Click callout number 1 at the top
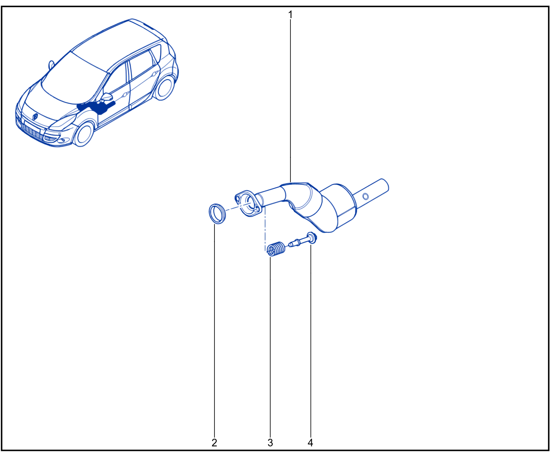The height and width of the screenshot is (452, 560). [290, 15]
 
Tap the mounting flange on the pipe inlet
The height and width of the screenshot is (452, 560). [249, 203]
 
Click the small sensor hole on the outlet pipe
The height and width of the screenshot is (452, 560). [365, 196]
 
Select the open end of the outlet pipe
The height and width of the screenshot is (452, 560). [385, 185]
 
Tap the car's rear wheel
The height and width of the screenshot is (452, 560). [164, 88]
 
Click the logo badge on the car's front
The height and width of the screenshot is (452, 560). [35, 116]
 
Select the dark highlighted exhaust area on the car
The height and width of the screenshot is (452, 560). [97, 107]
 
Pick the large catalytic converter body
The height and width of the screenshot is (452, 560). [334, 208]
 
